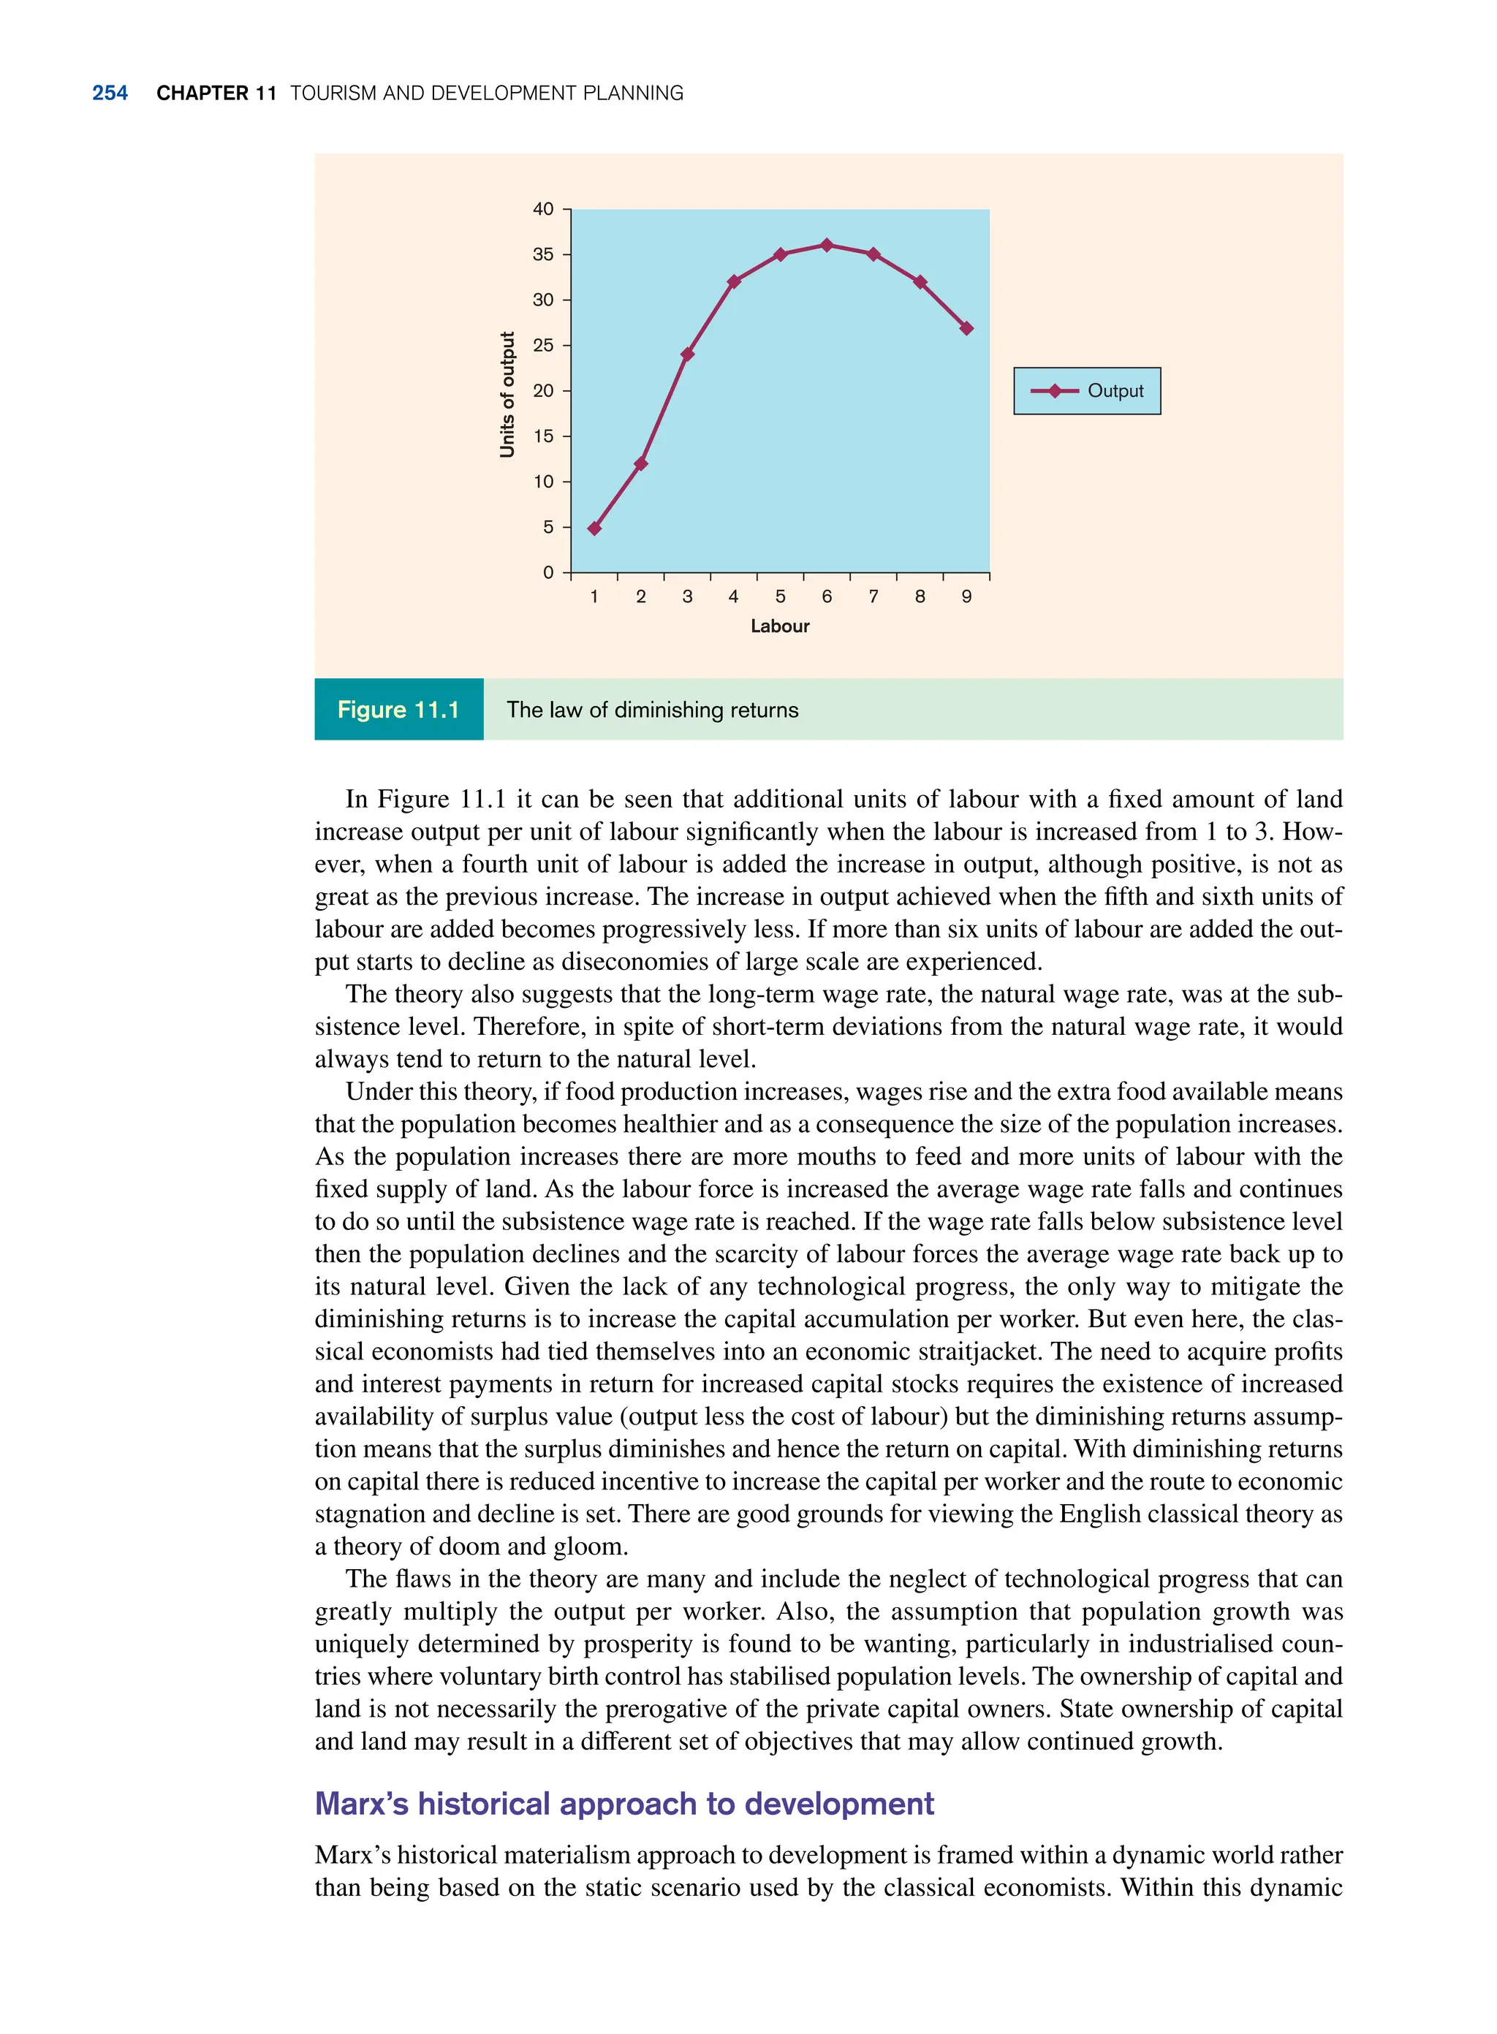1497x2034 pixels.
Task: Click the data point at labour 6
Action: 827,245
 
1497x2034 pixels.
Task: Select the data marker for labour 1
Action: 594,528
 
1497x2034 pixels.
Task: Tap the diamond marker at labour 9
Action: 967,328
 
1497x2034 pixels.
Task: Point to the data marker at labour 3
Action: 687,354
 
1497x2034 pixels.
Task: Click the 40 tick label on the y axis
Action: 543,209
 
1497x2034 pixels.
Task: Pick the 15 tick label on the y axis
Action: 543,436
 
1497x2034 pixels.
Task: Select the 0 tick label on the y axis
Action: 547,572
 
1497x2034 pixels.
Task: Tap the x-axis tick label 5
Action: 780,596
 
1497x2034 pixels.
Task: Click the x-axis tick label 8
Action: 920,596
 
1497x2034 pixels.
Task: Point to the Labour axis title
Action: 779,626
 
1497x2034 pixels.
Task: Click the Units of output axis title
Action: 507,394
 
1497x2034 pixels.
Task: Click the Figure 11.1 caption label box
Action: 398,710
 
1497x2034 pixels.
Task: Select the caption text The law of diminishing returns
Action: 653,710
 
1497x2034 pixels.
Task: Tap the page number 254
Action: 110,94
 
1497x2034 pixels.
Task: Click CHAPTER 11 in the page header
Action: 216,94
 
